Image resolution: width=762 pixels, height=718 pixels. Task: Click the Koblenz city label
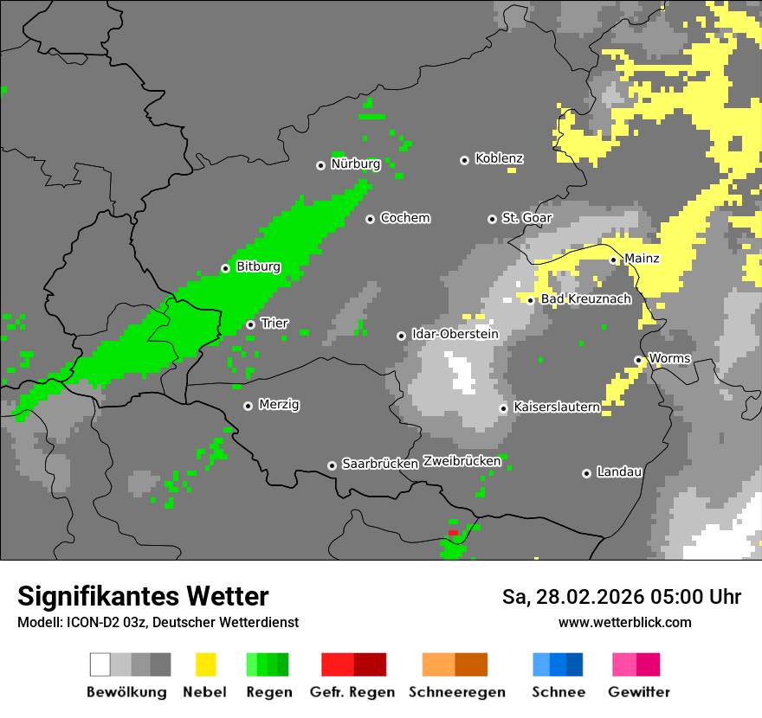pos(499,159)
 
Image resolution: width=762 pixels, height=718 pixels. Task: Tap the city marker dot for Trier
pos(250,324)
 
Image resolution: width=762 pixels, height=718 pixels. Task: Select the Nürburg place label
pos(355,164)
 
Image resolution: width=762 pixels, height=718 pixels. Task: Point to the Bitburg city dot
pos(225,268)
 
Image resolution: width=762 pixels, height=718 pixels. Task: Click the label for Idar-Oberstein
pos(455,335)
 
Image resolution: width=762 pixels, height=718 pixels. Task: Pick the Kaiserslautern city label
pos(556,407)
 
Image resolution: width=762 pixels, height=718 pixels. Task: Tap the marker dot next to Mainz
pos(613,260)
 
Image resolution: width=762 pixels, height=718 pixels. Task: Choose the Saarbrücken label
pos(380,465)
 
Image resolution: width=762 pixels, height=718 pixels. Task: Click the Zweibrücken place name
pos(462,461)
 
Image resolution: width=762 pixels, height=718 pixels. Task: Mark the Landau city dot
pos(586,473)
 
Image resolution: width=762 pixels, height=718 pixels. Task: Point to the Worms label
pos(669,359)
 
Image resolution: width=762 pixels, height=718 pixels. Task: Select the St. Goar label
pos(526,219)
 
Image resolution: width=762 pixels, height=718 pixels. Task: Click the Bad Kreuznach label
pos(586,299)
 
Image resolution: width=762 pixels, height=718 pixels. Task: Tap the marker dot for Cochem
pos(370,219)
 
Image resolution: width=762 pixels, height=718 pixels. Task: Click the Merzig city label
pos(279,405)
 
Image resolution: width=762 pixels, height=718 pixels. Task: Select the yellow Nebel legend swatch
pos(205,664)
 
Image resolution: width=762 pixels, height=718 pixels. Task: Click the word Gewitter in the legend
pos(638,692)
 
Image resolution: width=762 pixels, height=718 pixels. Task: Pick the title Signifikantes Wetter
pos(143,597)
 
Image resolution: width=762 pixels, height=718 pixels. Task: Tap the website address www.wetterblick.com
pos(624,623)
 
